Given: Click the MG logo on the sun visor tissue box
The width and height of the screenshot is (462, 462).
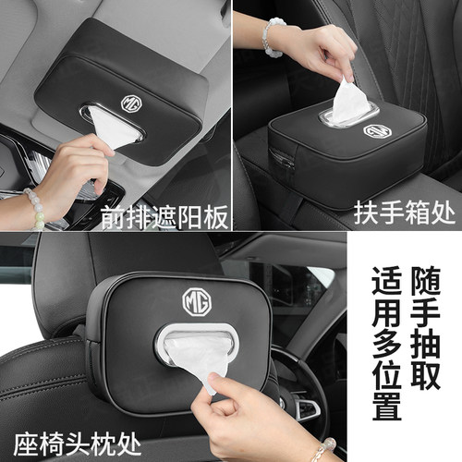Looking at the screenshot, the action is [x=131, y=103].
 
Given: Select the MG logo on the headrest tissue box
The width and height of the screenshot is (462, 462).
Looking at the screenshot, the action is [x=197, y=302].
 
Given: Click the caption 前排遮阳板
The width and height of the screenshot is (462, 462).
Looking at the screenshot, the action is [x=164, y=217].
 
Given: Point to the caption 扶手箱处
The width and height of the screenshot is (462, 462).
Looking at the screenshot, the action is [x=404, y=213].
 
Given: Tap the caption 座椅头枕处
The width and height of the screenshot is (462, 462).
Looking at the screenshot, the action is [x=78, y=444].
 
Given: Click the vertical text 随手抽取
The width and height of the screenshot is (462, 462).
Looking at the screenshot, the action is [x=425, y=328].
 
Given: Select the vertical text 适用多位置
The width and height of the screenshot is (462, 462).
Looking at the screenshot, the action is [x=387, y=344].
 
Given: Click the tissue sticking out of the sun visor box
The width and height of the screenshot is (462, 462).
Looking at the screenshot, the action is [x=114, y=128].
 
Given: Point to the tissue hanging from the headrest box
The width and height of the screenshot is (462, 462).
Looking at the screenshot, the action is [x=197, y=360].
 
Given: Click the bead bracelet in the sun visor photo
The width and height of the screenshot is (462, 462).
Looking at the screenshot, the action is [x=34, y=208].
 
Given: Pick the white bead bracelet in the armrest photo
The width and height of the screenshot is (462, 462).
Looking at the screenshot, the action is [x=273, y=38].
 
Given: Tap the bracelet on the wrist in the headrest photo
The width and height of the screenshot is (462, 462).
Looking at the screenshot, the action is [x=324, y=450].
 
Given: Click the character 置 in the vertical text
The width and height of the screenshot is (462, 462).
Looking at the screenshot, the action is [x=387, y=406].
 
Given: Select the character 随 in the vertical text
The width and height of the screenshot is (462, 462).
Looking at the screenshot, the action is [x=425, y=282].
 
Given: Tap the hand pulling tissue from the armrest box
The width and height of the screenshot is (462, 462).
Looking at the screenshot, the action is [x=321, y=53].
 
